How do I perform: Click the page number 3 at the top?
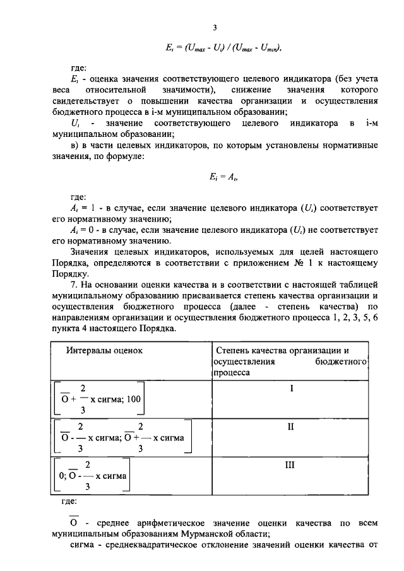coord(215,28)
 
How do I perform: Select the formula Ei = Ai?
coord(215,179)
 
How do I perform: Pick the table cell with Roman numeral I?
coord(291,389)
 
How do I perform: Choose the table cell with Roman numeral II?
coord(291,427)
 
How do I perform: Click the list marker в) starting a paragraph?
coord(74,146)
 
